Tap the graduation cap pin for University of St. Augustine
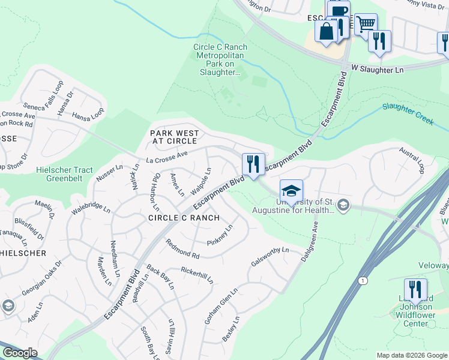tap(291, 191)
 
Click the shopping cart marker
tap(366, 25)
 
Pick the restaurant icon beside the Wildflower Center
tap(415, 289)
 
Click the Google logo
tap(19, 353)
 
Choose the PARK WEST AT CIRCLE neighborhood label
tap(173, 137)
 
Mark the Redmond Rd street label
tap(182, 246)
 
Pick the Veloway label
tap(436, 269)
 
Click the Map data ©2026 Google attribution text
tap(412, 355)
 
